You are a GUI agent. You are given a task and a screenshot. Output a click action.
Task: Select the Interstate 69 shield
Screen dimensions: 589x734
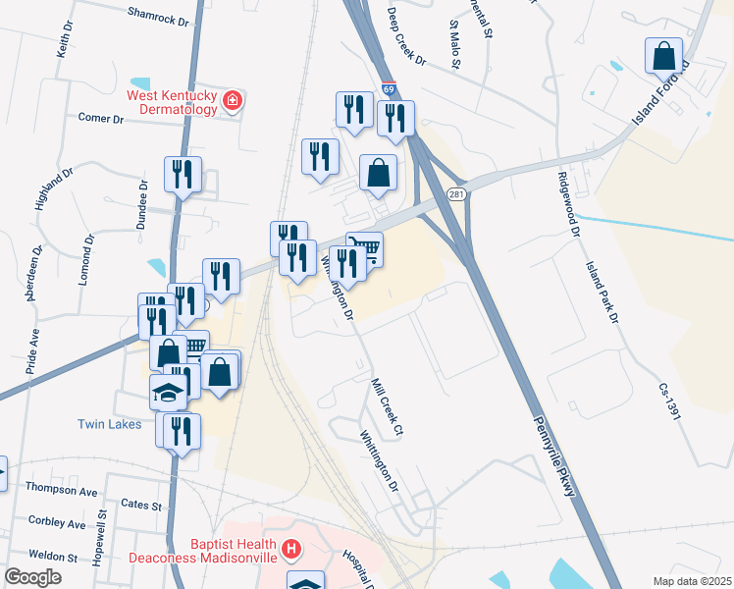(390, 88)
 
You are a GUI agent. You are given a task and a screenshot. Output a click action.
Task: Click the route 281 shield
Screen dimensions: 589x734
(457, 194)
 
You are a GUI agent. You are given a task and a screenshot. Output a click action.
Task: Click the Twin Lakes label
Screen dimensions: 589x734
(110, 424)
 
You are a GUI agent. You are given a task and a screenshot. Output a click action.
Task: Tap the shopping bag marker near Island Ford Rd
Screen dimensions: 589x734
(664, 55)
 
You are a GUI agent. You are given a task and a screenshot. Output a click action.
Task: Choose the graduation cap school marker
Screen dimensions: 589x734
(169, 393)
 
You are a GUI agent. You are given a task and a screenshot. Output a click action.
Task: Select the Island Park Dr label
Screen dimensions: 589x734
(603, 292)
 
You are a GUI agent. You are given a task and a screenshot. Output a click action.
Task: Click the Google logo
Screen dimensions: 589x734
(33, 576)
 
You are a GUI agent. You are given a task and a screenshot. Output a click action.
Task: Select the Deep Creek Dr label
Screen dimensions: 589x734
(406, 36)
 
